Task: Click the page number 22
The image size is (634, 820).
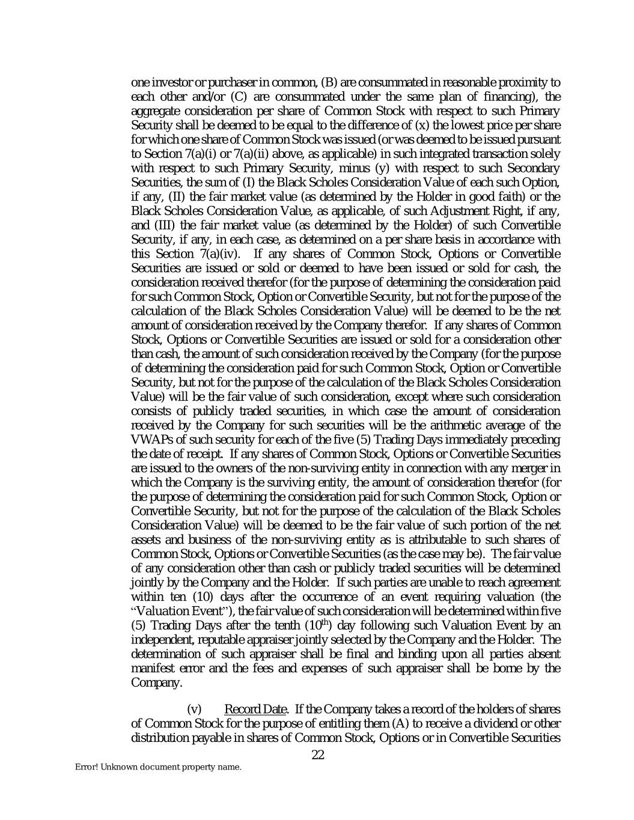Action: coord(318,755)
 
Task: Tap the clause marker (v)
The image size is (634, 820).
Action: coord(195,709)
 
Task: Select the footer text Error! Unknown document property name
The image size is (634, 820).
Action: coord(158,767)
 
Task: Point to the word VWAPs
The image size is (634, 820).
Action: coord(150,439)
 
